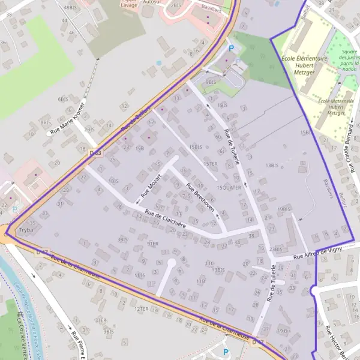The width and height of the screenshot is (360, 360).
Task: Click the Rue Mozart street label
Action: coord(152,186)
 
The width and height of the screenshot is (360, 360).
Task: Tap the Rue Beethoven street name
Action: coord(200,197)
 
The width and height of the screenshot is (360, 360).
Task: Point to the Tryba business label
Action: coord(26,230)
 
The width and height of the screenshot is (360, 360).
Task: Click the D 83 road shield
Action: coord(95,154)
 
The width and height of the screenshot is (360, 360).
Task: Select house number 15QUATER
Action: coord(229,187)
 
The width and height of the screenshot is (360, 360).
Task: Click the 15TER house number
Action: coord(210,163)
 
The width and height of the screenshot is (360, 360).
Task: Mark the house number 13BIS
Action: coord(273,165)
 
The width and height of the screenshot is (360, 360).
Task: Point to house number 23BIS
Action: coord(275,249)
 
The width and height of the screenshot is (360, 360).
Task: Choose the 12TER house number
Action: coord(142,308)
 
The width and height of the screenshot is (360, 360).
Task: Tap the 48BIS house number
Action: coord(71,8)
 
